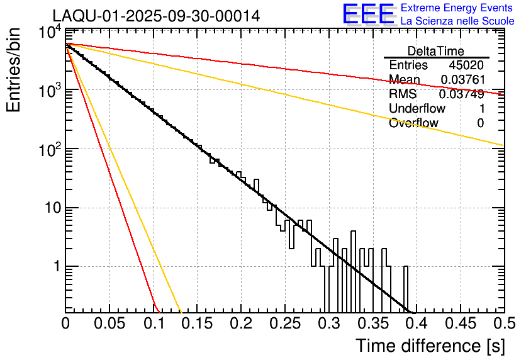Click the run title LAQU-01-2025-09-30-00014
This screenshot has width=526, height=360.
point(156,16)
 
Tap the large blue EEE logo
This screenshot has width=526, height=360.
point(368,14)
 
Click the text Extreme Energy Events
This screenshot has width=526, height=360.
point(457,8)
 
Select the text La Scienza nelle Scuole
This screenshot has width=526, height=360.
point(457,21)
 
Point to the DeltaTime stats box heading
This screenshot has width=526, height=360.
point(436,51)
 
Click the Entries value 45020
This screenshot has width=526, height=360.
point(466,65)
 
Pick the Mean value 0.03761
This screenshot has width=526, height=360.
point(462,80)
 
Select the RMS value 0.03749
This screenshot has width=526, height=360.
point(462,94)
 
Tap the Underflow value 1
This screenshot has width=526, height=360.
point(481,109)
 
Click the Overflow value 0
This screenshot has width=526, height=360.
point(481,123)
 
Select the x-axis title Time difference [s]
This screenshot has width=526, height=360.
point(430,346)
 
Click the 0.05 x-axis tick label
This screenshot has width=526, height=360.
point(109,323)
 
